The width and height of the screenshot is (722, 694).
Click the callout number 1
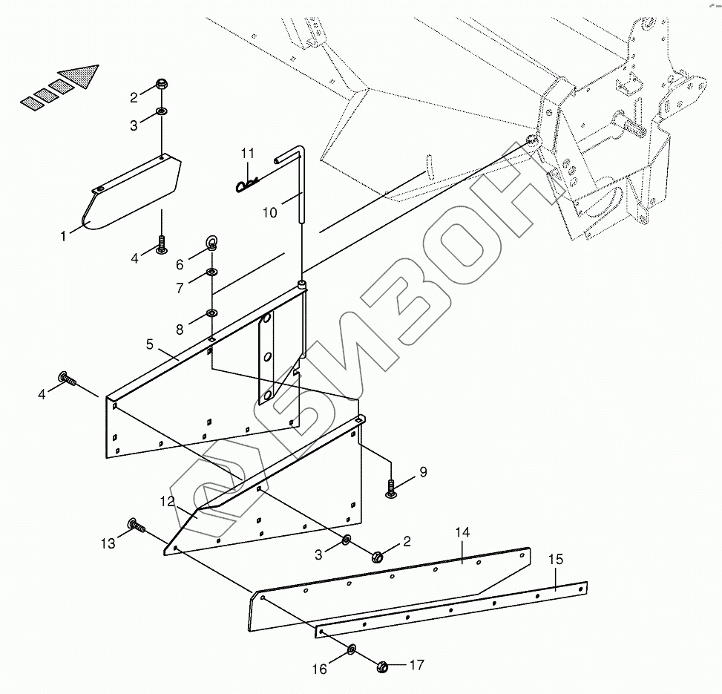(x=64, y=235)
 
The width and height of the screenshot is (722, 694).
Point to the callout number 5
(x=150, y=344)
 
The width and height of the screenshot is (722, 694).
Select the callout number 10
(x=269, y=212)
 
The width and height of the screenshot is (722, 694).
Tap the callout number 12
(x=167, y=502)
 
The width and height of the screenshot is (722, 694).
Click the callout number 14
(x=462, y=533)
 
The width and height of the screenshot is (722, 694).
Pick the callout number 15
(x=555, y=559)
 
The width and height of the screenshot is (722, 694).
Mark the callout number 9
(x=423, y=471)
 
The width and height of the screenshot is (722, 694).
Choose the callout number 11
(x=247, y=154)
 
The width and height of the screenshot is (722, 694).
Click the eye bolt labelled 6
(x=211, y=243)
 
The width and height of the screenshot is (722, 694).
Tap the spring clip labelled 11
(x=248, y=186)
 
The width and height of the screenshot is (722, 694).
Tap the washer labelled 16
(x=350, y=651)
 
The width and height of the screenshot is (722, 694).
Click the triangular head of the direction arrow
(x=80, y=74)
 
